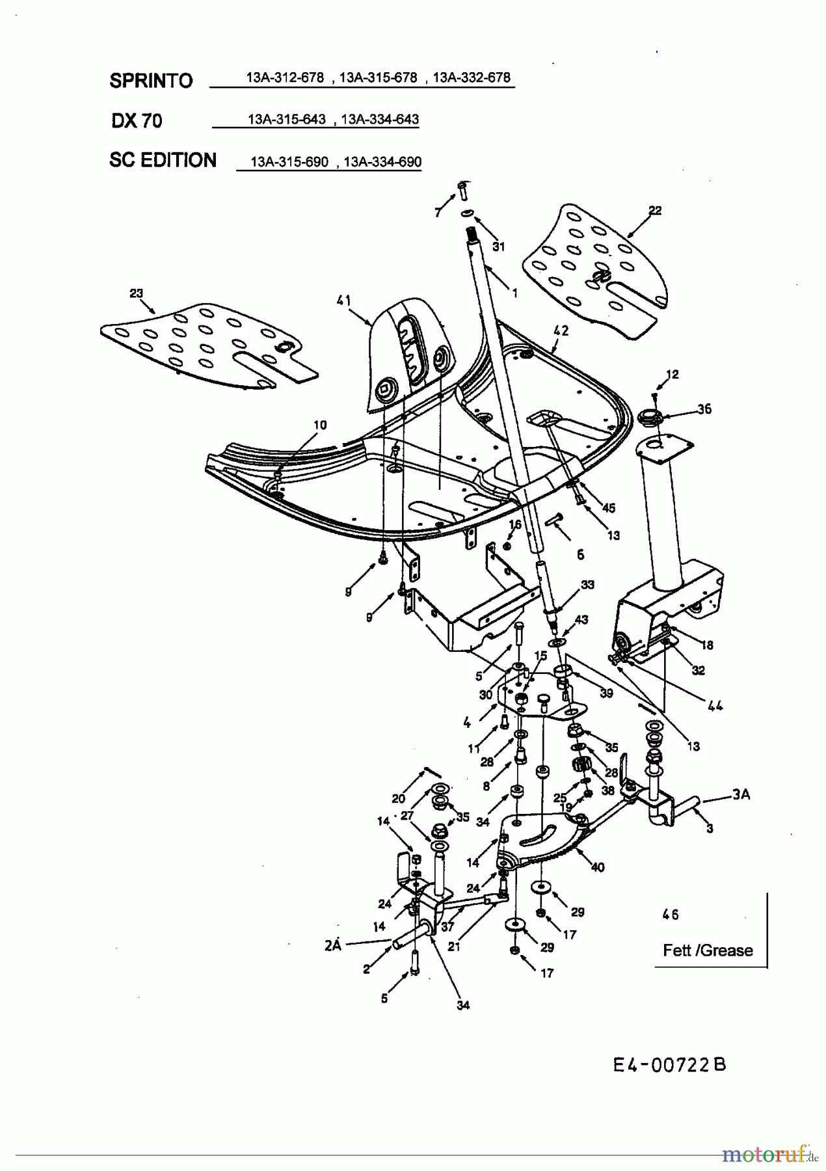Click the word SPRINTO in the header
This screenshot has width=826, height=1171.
pos(151,81)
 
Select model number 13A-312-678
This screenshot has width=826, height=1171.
pos(285,77)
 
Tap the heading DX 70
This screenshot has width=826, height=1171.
pos(137,120)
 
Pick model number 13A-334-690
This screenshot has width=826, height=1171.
pos(382,161)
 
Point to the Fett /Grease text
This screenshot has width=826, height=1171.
pos(708,950)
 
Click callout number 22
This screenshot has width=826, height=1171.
pos(654,210)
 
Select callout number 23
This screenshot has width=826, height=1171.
pos(136,293)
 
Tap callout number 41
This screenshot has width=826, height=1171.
pos(344,301)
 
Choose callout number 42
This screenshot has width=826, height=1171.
pos(561,330)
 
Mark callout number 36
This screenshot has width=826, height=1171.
pos(704,409)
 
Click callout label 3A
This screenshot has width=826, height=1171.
pos(740,794)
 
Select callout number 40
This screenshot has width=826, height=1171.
pos(597,867)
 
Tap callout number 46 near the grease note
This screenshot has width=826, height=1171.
pos(671,915)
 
